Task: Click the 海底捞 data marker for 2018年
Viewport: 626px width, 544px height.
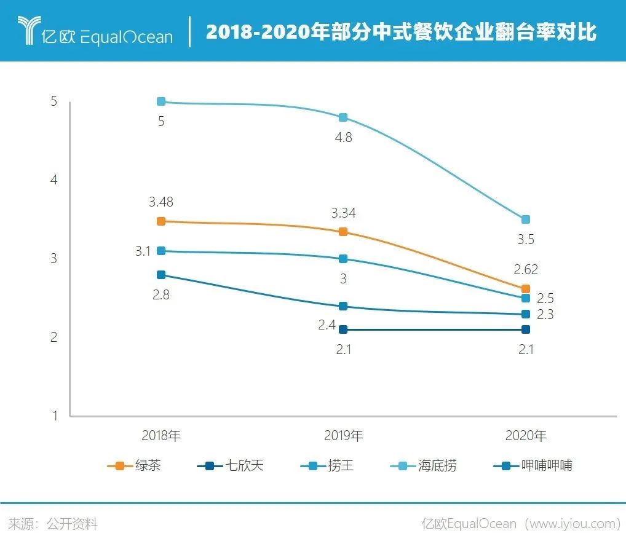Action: tap(161, 101)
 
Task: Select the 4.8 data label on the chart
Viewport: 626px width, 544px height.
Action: tap(343, 138)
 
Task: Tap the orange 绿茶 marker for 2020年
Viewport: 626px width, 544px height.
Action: tap(525, 289)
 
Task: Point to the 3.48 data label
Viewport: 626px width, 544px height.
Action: tap(161, 202)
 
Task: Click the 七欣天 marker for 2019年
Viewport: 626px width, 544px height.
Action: tap(343, 329)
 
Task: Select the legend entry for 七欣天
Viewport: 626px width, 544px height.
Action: tap(231, 466)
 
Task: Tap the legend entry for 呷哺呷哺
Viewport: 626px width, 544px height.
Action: tap(533, 466)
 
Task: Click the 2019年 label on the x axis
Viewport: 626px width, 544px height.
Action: tap(343, 436)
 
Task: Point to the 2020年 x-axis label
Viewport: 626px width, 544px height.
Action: tap(525, 436)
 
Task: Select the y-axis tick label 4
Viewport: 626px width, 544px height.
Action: tap(53, 180)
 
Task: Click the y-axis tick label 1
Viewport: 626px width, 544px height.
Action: tap(53, 416)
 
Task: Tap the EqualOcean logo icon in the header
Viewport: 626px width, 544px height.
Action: tap(28, 30)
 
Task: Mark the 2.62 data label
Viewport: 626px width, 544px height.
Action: tap(525, 270)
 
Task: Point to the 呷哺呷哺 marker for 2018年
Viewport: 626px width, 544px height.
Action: tap(161, 275)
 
